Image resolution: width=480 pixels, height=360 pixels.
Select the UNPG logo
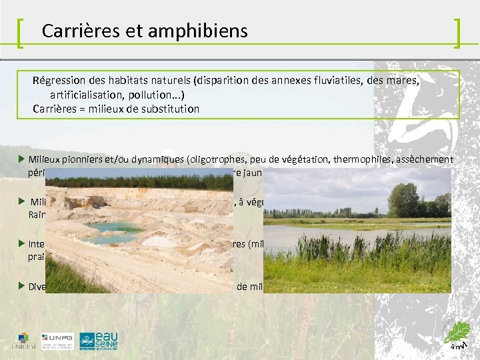point(57,339)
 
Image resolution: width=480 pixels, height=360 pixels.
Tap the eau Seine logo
point(99,340)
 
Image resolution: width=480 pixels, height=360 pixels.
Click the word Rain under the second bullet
point(36,214)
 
